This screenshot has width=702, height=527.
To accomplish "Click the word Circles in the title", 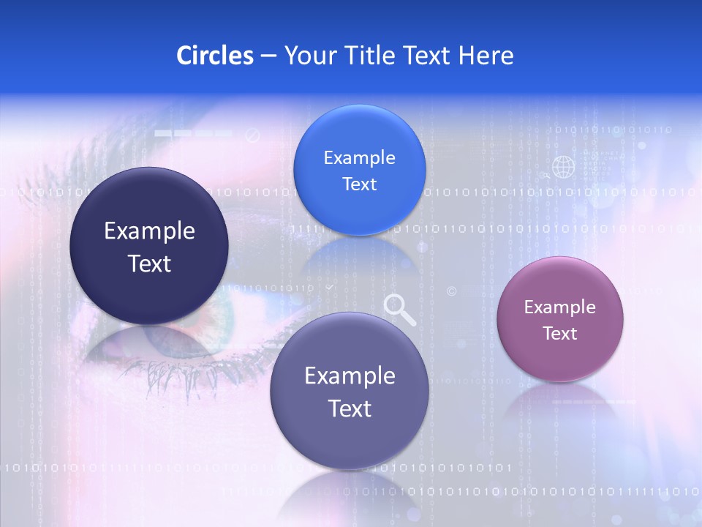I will (214, 56).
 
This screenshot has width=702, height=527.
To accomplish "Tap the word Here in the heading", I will (486, 56).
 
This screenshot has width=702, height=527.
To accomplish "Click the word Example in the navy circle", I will (149, 231).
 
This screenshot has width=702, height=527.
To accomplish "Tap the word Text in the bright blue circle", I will (359, 184).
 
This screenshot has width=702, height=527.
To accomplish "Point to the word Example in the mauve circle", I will (560, 307).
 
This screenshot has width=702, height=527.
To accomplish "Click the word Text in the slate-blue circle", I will (350, 408).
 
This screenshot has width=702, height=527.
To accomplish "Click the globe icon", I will (563, 167).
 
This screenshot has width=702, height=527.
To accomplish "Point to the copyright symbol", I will (451, 291).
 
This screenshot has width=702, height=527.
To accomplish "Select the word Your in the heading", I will (307, 56).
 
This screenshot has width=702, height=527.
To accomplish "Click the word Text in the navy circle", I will (149, 263).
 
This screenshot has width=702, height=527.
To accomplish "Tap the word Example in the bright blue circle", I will (359, 158).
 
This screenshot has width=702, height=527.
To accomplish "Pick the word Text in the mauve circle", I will (560, 334).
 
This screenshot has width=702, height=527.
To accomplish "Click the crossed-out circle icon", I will (253, 135).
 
